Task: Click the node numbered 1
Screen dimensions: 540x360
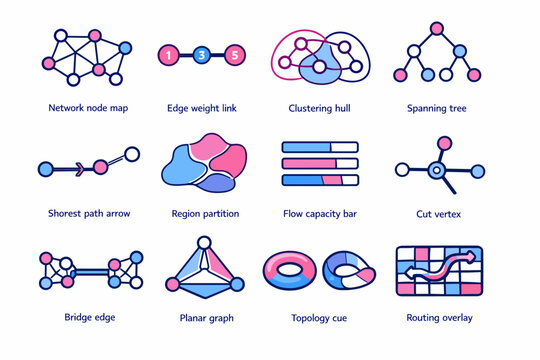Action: click(x=171, y=54)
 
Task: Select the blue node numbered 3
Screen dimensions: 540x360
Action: click(x=202, y=54)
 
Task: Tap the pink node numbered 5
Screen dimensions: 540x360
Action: click(x=233, y=54)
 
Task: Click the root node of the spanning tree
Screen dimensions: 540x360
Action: click(x=435, y=27)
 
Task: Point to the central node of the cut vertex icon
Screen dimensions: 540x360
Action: click(x=436, y=170)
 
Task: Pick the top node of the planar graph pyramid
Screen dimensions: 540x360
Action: click(x=204, y=243)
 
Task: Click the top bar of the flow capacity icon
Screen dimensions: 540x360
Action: click(x=319, y=146)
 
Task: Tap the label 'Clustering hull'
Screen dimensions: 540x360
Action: click(x=319, y=106)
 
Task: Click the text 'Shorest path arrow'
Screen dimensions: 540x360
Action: click(x=88, y=213)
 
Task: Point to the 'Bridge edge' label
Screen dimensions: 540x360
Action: click(x=89, y=318)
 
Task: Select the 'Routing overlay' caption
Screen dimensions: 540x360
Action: click(x=440, y=318)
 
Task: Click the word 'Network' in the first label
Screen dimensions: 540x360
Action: click(x=67, y=106)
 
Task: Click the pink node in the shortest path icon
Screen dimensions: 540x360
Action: click(x=100, y=167)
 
